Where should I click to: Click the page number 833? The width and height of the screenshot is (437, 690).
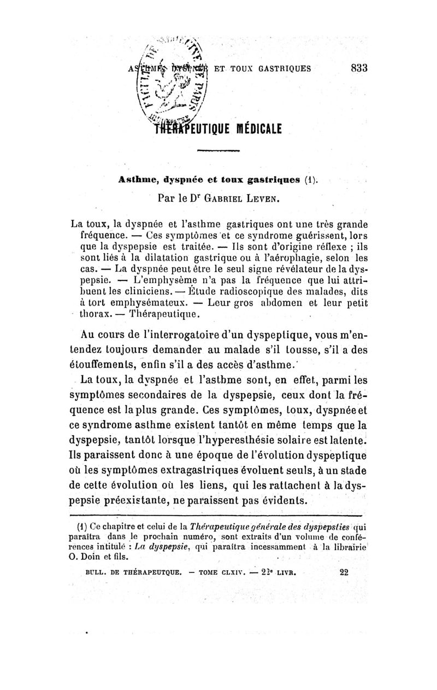pyautogui.click(x=358, y=68)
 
